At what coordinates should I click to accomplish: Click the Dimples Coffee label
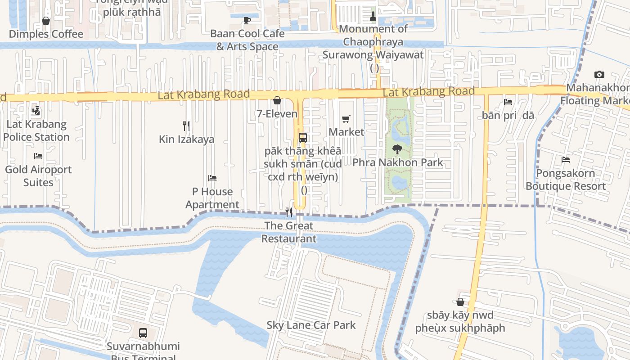46,34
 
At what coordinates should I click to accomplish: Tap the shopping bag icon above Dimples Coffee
46,21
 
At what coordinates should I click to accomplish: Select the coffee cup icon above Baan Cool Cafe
247,20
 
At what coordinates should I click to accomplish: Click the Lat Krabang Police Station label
36,130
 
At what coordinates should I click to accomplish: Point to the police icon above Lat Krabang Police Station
36,111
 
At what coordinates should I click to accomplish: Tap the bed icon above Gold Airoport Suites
38,156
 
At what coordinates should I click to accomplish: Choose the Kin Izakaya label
187,139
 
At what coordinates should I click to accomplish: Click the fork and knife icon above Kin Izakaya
186,126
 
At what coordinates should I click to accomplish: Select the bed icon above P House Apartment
212,178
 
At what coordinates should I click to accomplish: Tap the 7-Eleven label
277,114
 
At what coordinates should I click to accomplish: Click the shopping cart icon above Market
346,119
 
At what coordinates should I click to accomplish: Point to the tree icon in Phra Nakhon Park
397,149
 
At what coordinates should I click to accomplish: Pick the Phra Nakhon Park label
398,162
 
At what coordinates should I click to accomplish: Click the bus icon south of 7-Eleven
303,138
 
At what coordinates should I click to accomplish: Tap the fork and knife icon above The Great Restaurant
289,212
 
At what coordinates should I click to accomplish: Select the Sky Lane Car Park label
311,325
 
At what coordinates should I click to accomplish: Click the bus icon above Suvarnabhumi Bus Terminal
143,333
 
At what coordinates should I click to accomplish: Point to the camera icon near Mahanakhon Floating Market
599,74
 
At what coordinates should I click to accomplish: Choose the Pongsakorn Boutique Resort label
566,180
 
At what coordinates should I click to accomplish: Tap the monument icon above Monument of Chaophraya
373,16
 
